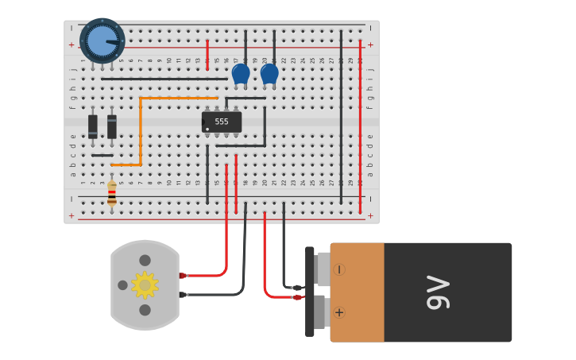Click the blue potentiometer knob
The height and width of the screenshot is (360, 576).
tap(102, 41)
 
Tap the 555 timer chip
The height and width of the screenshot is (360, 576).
tap(222, 122)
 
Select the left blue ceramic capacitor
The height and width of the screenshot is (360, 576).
tap(241, 74)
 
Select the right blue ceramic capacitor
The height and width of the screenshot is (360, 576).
tap(269, 74)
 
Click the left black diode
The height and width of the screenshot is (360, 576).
tap(93, 126)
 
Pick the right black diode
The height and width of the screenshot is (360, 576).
tap(112, 126)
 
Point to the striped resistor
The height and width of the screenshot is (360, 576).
tap(112, 192)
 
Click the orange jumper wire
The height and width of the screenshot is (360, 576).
tap(141, 131)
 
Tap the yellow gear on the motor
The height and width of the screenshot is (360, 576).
tap(145, 285)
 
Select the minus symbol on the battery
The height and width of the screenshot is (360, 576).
tap(339, 269)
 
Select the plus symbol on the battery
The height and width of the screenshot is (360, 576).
tap(339, 312)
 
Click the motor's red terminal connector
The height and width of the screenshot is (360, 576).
tap(183, 276)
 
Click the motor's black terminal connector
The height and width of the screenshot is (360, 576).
tap(183, 295)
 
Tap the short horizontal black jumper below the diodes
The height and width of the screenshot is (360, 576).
tap(102, 155)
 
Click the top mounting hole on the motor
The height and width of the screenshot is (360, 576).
tap(145, 260)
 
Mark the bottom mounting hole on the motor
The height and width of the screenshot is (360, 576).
tap(145, 310)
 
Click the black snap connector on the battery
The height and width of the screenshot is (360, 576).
tap(310, 292)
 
